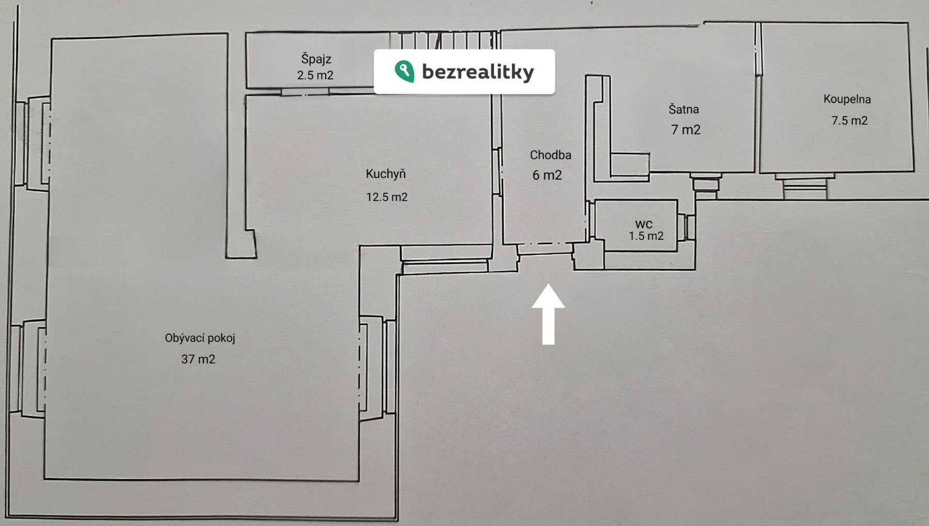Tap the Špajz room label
point(316,59)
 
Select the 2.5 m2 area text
point(315,75)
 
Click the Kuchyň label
point(386,174)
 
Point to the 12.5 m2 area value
point(387,197)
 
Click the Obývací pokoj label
point(200,338)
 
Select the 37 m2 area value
point(198,359)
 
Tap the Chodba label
point(550,155)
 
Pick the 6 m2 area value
point(547,175)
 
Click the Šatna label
point(683,109)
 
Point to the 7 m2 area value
point(685,129)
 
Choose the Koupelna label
point(847,99)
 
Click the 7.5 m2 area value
point(849,121)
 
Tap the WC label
point(644,224)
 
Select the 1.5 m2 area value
point(646,236)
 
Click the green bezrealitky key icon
point(404,71)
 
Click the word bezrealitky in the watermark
point(477,72)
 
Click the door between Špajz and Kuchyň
point(305,92)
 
